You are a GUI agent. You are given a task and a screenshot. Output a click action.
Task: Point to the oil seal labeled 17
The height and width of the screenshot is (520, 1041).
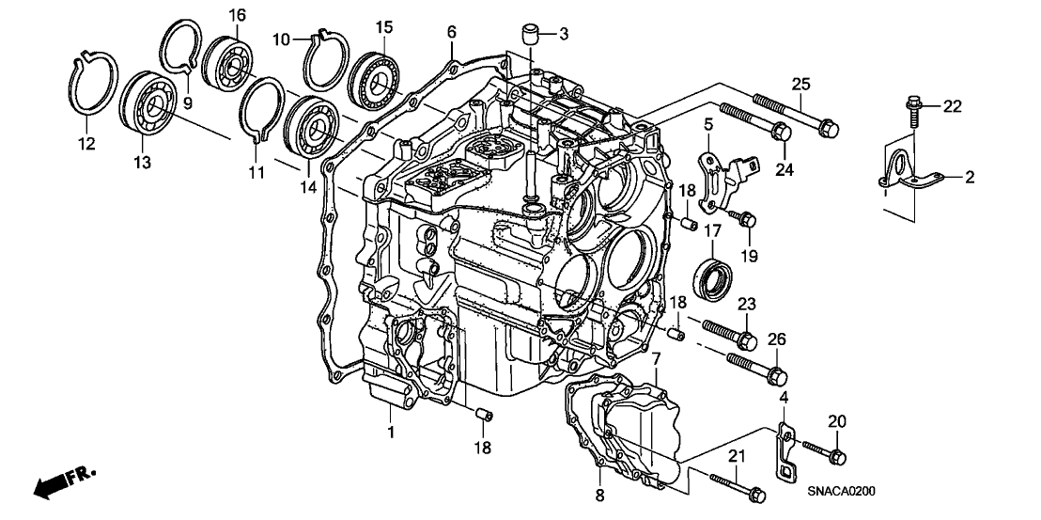714,270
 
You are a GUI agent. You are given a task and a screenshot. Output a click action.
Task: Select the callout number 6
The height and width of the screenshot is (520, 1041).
451,32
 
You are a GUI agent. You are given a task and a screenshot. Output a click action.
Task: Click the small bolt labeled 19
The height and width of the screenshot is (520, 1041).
747,221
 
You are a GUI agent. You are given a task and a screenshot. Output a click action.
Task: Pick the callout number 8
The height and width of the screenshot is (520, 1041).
598,494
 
